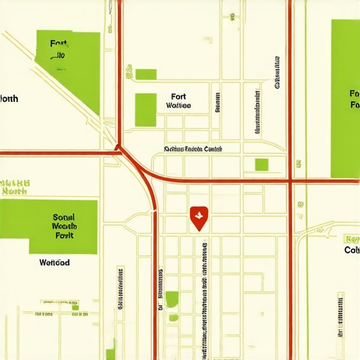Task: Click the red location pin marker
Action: point(199,218)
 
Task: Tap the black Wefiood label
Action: point(54,262)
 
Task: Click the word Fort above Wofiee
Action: point(179,96)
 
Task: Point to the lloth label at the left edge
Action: point(9,99)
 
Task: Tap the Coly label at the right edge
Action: point(352,250)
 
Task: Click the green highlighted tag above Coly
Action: point(352,238)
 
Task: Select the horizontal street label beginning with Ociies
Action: point(193,149)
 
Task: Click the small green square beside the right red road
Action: point(262,165)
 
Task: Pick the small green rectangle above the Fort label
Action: point(146,74)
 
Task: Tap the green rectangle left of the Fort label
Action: point(146,109)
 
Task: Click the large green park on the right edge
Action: point(345,98)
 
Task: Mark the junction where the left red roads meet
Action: point(118,149)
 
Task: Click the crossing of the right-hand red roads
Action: point(290,181)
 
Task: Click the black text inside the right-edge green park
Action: point(354,99)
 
